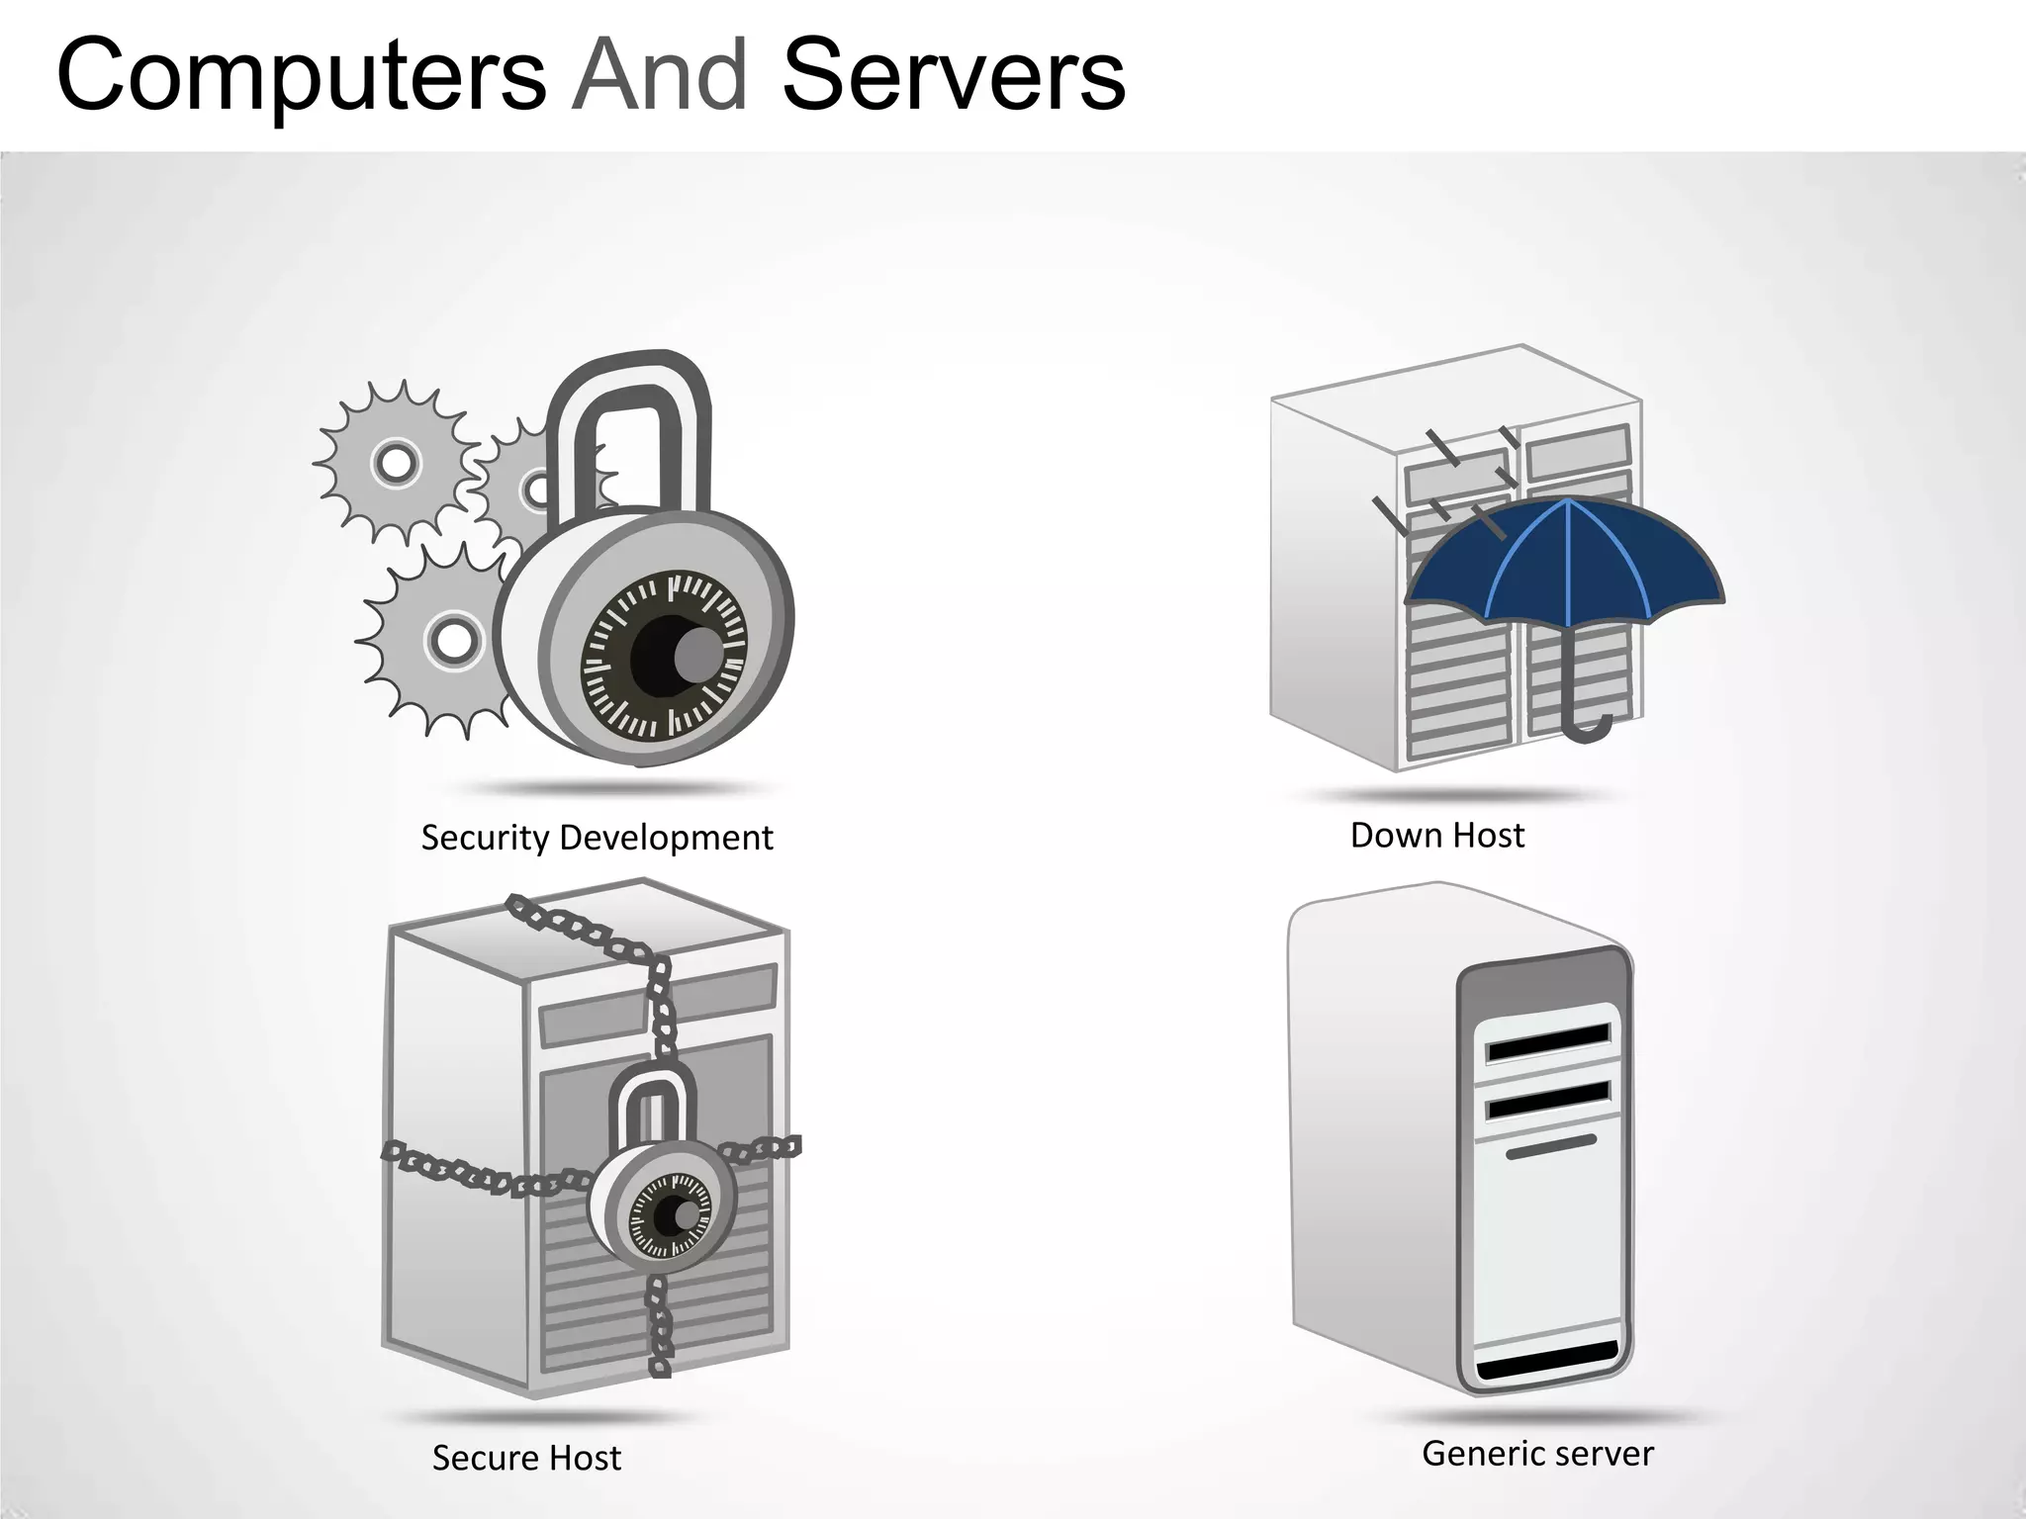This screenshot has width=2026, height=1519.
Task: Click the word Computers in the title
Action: (x=302, y=75)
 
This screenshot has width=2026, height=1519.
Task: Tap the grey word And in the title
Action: (x=660, y=75)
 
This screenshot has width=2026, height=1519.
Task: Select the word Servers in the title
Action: (x=954, y=75)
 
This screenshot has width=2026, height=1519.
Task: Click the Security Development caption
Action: (x=597, y=838)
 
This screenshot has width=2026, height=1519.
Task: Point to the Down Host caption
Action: (x=1436, y=836)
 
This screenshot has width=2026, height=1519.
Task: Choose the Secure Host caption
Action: (x=526, y=1458)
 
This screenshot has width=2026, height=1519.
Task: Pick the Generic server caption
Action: (x=1537, y=1454)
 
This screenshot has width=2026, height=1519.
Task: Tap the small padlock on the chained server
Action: (x=661, y=1187)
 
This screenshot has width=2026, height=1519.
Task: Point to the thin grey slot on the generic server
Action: (x=1550, y=1147)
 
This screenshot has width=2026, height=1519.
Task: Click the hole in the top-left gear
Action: (x=396, y=462)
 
